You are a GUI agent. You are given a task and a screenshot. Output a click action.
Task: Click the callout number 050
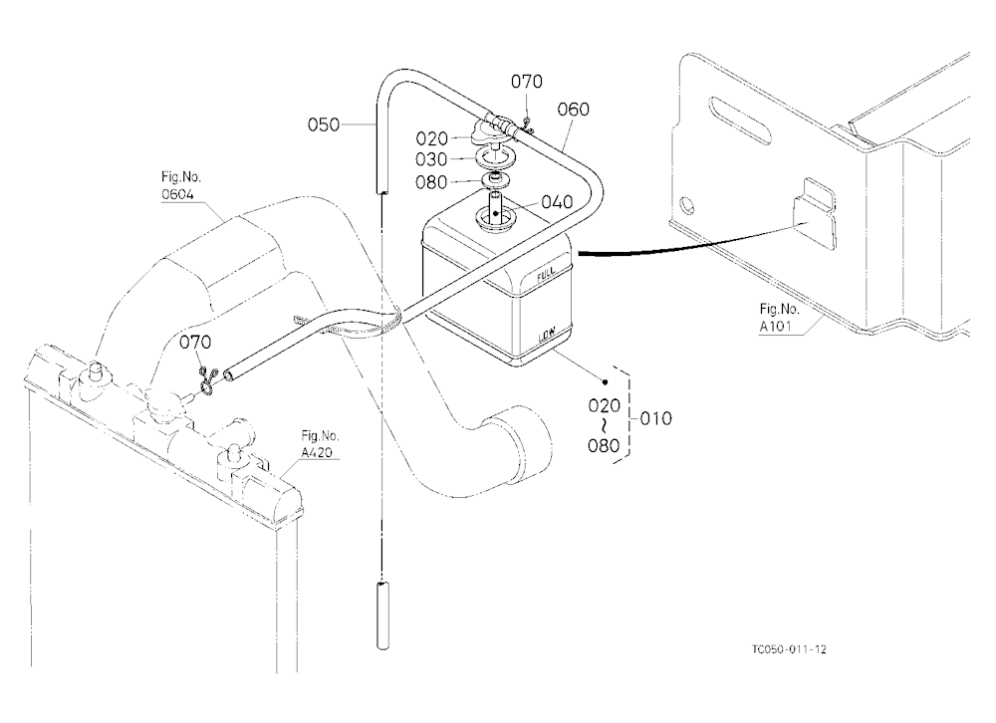point(324,124)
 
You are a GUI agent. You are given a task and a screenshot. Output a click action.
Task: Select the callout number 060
point(573,110)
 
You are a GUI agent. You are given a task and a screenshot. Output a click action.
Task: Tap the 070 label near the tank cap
point(527,82)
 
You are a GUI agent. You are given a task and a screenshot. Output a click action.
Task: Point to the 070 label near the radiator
point(195,343)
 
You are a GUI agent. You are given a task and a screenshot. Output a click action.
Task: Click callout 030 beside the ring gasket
point(431,159)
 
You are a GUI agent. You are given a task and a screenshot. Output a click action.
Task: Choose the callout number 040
point(557,202)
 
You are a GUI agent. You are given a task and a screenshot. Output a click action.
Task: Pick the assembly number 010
point(655,418)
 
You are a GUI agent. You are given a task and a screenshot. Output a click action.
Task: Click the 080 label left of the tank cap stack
point(431,182)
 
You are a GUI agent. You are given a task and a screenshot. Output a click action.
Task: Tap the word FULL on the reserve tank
point(546,274)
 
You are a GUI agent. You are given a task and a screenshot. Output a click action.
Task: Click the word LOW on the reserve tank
point(546,335)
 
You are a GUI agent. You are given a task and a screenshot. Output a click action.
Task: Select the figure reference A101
point(776,327)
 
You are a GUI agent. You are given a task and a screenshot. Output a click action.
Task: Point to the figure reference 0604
point(177,194)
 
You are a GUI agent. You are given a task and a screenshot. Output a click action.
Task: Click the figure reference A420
point(317,452)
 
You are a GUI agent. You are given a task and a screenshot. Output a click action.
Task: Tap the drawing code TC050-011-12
point(790,649)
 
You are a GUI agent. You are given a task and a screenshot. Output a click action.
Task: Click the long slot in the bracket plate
point(741,121)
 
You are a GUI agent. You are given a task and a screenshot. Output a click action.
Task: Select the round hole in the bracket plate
point(686,206)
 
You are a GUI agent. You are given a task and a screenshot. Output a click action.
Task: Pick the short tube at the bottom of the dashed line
point(382,615)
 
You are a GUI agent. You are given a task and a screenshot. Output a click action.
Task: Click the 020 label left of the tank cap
point(432,138)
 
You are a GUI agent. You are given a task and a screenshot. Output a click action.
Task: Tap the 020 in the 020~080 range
point(605,405)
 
